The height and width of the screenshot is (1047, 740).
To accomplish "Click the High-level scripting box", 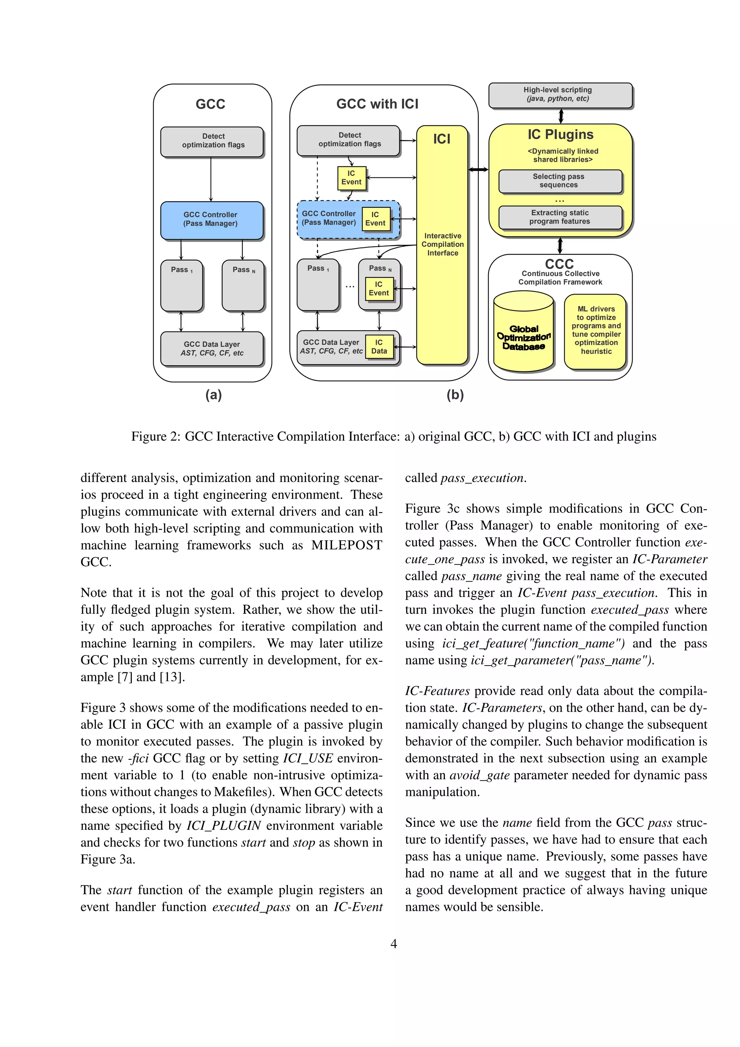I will tap(560, 95).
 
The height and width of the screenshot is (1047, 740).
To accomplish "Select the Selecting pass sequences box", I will tap(560, 181).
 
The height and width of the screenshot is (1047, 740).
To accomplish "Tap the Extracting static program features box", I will tap(560, 217).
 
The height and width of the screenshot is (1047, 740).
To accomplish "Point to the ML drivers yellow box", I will tap(595, 331).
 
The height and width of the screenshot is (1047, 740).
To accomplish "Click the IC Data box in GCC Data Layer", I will tap(379, 346).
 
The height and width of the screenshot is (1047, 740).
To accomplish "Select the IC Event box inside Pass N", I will tap(379, 289).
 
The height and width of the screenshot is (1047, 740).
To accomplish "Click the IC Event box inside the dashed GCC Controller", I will tap(375, 219).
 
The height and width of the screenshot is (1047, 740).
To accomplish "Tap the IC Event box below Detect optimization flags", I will tap(351, 178).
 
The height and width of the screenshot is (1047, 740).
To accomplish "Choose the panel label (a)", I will tap(214, 395).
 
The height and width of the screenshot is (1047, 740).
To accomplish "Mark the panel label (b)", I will tap(455, 395).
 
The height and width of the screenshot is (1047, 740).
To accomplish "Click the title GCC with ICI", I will tap(377, 104).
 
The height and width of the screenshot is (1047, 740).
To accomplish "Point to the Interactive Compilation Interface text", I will tap(442, 245).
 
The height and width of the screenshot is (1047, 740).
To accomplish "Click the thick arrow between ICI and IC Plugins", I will tap(478, 170).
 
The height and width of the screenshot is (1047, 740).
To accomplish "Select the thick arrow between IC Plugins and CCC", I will tap(560, 245).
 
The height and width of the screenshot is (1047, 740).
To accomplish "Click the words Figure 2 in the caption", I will tap(155, 436).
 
